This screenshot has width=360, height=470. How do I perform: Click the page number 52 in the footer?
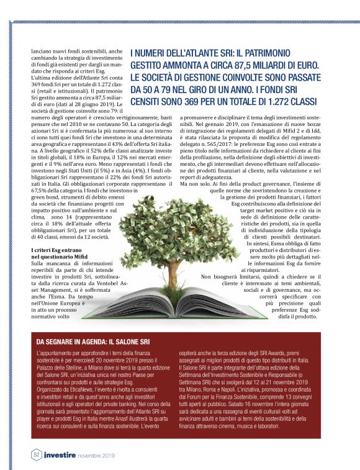[37, 454]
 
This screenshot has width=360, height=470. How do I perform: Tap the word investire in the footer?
[60, 454]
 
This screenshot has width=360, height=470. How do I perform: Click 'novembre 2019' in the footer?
[96, 455]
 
